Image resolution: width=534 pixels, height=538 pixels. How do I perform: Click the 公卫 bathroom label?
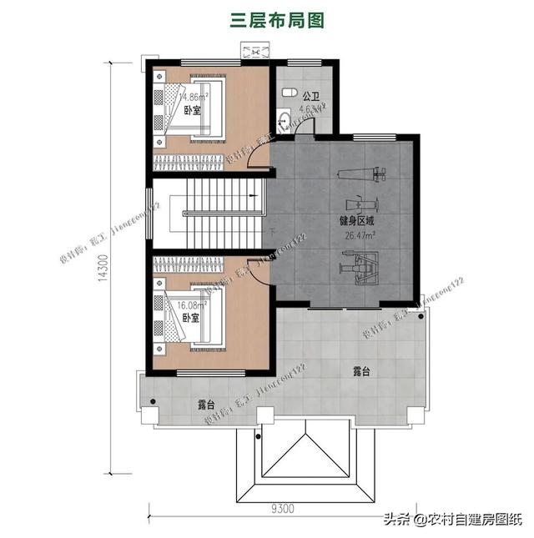point(311,96)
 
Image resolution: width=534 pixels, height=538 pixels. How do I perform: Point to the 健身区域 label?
point(356,221)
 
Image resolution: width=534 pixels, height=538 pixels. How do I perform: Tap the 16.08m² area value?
point(194,304)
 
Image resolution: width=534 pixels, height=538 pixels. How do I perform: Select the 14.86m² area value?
point(194,97)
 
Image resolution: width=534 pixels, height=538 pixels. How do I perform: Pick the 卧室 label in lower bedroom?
point(190,318)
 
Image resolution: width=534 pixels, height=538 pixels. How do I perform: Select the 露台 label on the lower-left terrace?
point(205,404)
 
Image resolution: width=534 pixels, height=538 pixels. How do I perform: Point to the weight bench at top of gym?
point(361,174)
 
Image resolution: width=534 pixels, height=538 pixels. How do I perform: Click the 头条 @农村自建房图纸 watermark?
point(451,520)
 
